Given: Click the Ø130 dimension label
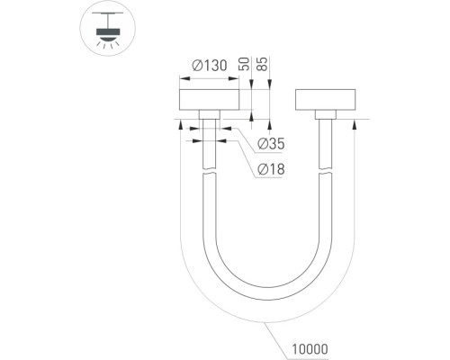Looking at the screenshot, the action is click(x=210, y=66).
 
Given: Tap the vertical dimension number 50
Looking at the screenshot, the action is click(x=244, y=64).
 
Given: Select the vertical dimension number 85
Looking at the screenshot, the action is click(x=262, y=64).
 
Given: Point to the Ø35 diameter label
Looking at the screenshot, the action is click(x=271, y=144).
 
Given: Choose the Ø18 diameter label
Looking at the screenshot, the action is click(x=271, y=169).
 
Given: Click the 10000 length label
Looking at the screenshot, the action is click(x=310, y=349).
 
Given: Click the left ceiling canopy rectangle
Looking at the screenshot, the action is click(x=209, y=100).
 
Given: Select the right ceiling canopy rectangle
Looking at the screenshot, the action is click(x=326, y=100).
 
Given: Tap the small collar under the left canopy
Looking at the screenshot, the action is click(x=210, y=114).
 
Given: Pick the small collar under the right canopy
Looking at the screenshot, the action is click(x=326, y=114).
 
